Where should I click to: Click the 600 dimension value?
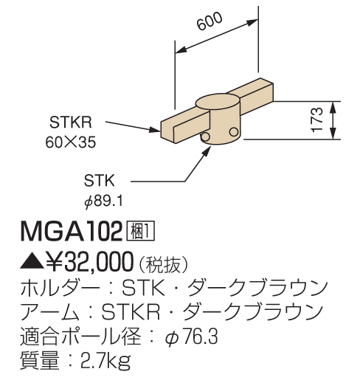point(210,21)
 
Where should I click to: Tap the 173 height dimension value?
point(317,120)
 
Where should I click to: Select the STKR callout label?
point(71,122)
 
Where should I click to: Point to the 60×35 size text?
point(71,142)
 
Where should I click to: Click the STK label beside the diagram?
point(99,181)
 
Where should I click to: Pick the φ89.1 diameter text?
point(103,202)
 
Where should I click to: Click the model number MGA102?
point(72,231)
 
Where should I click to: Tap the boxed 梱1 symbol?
point(140,230)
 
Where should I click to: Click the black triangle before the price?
point(32,262)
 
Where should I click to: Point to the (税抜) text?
point(163,264)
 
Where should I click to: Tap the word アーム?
point(50,311)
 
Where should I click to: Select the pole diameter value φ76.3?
point(191,337)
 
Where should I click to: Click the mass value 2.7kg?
point(105,361)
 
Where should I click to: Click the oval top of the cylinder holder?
point(218,102)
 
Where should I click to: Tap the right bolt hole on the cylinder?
point(234,131)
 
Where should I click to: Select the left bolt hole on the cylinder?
point(205,137)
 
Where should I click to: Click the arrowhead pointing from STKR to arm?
point(155,130)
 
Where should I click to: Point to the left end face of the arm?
point(168,132)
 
